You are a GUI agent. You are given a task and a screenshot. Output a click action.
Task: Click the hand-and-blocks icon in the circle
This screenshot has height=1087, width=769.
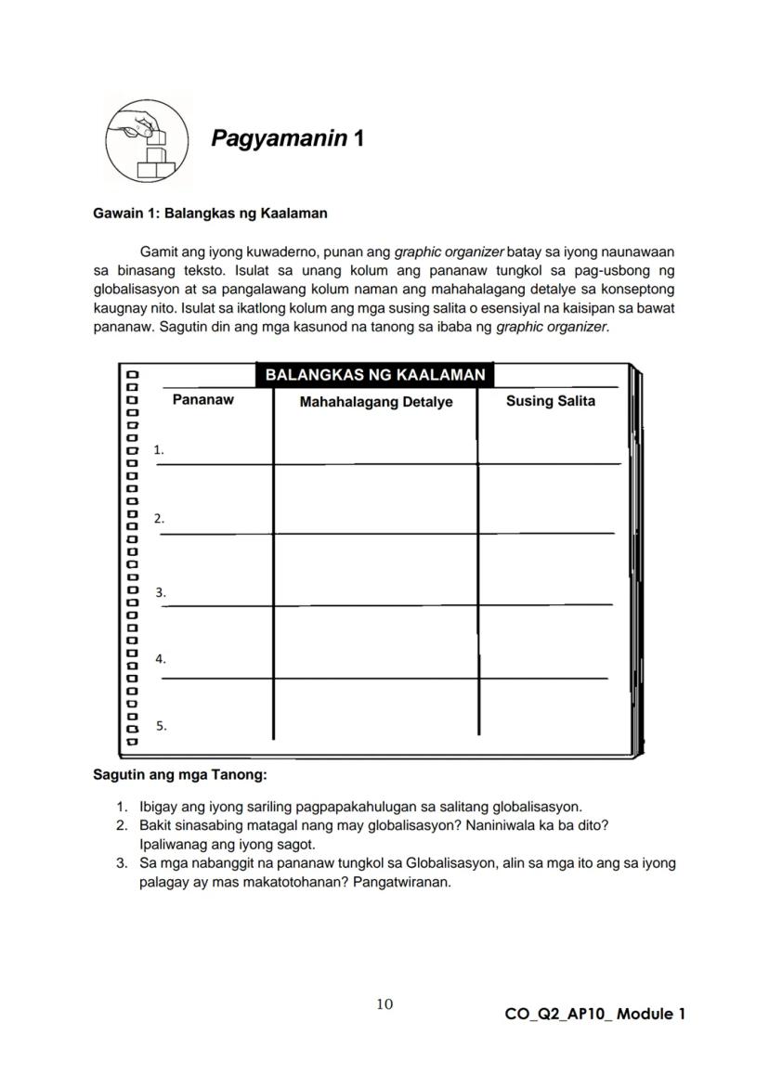147,142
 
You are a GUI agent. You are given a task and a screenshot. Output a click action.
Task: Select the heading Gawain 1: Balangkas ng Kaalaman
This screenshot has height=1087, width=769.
210,214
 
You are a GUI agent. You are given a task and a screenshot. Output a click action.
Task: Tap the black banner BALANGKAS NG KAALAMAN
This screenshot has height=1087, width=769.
374,375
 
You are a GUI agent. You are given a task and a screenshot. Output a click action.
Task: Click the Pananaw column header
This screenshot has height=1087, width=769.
203,400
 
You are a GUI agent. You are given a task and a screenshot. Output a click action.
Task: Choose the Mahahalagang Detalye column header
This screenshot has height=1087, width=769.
375,402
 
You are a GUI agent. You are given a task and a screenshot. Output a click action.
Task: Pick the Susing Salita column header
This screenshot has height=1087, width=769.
550,401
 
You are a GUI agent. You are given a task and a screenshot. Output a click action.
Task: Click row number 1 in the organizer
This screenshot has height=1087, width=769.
159,449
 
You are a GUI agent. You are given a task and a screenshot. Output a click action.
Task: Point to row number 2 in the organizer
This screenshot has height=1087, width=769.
159,519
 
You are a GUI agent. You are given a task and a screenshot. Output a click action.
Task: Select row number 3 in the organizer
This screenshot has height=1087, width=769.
160,591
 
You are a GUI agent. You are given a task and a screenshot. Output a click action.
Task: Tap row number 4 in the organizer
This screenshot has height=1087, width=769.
160,659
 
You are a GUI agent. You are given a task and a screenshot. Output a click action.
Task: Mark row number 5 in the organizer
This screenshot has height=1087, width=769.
161,726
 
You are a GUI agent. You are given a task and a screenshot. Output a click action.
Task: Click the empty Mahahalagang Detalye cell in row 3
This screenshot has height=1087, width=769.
375,571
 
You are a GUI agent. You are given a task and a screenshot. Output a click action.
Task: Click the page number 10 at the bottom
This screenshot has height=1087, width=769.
384,1003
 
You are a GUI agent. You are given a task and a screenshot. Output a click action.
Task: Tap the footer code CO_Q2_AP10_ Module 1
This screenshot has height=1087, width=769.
594,1014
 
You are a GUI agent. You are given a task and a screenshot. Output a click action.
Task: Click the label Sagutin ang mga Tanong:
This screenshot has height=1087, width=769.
180,774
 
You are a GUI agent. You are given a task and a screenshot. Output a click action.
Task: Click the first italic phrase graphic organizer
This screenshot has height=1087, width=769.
450,252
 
